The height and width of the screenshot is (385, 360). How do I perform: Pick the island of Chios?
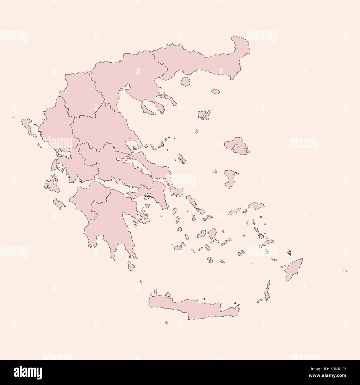pyautogui.click(x=229, y=179)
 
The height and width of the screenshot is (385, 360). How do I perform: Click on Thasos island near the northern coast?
pyautogui.click(x=185, y=81)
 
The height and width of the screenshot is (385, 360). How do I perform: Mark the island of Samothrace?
pyautogui.click(x=215, y=92)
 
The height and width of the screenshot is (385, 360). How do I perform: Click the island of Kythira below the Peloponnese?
pyautogui.click(x=131, y=266)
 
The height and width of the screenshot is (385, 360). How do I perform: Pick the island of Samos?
pyautogui.click(x=256, y=206)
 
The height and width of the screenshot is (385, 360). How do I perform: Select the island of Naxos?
pyautogui.click(x=212, y=233)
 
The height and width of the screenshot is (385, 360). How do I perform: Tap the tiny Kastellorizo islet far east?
pyautogui.click(x=345, y=270)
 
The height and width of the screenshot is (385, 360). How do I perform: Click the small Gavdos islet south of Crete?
pyautogui.click(x=167, y=322)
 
